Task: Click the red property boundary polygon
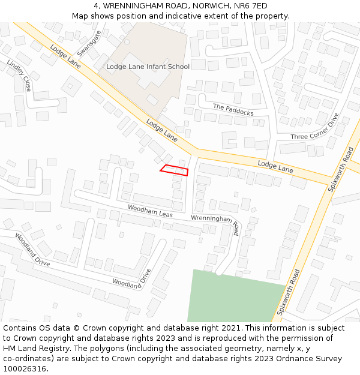175,170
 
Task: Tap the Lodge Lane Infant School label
148,67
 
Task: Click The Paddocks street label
233,109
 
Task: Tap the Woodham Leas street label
150,211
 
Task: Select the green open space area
234,297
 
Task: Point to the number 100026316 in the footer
25,369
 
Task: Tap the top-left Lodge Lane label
65,59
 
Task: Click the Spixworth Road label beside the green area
289,292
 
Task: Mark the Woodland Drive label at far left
32,249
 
